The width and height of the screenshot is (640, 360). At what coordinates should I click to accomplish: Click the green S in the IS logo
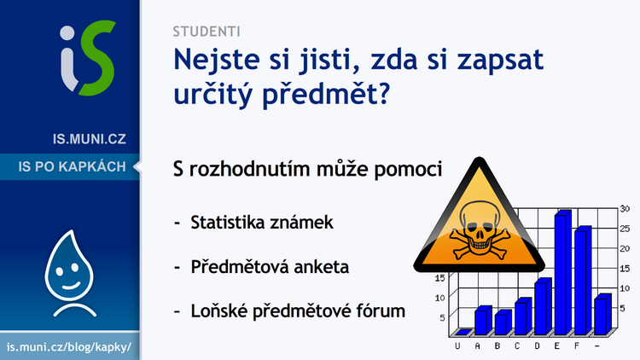click(97, 58)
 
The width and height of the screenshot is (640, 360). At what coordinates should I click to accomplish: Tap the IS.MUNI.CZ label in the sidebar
click(90, 139)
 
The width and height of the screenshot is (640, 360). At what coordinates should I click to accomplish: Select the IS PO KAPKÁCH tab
click(72, 166)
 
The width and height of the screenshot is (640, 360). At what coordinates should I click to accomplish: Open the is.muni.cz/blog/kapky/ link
click(69, 347)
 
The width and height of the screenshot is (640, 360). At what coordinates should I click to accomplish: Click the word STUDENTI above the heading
click(207, 32)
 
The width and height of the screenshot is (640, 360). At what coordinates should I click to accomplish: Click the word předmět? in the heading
click(326, 95)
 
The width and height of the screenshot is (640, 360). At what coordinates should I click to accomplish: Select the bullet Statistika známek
click(262, 223)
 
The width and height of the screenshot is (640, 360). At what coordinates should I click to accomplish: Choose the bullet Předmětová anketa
click(270, 267)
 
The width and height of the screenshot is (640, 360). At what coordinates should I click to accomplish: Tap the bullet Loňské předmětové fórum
click(298, 311)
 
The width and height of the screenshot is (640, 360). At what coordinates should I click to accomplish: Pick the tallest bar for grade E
click(562, 273)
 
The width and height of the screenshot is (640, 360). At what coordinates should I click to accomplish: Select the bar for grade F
click(583, 281)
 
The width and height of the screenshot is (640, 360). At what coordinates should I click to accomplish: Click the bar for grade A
click(483, 321)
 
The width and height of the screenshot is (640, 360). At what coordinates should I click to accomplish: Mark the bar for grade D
click(543, 306)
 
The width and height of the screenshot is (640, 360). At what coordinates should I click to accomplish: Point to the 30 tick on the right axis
click(625, 208)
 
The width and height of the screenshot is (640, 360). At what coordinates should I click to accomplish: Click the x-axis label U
click(457, 346)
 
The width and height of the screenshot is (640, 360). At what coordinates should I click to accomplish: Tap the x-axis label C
click(517, 346)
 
